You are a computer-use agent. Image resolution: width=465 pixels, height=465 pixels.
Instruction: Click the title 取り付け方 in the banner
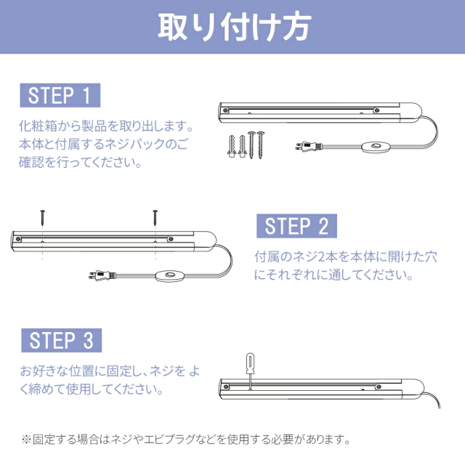click(234, 27)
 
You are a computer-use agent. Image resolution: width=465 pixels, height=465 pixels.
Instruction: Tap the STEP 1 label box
click(60, 95)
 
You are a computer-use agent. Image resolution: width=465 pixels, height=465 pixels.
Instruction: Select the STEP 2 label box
click(296, 226)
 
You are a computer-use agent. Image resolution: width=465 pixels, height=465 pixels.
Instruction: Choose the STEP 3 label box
click(61, 340)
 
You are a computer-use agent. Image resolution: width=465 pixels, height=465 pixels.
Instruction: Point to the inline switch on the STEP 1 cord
click(375, 147)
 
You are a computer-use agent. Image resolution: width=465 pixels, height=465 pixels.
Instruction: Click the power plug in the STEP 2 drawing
click(102, 275)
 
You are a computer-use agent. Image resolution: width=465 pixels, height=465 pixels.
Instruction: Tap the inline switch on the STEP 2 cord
click(169, 275)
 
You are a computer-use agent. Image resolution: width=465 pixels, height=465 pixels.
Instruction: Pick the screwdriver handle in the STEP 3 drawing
click(250, 363)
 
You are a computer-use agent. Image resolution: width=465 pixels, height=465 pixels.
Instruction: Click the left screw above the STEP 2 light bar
click(43, 218)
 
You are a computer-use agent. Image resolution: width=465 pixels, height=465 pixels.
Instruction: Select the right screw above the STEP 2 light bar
click(155, 218)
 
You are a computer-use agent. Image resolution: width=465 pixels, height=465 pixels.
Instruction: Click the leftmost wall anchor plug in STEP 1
click(232, 146)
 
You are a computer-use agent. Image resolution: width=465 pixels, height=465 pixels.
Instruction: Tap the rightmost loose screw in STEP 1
click(260, 145)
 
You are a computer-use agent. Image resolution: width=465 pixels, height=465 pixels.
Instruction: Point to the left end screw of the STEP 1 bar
click(225, 110)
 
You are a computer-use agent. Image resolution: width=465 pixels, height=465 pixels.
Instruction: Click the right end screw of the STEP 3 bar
click(379, 387)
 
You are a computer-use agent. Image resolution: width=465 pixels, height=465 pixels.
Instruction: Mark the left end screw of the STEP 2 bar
click(18, 239)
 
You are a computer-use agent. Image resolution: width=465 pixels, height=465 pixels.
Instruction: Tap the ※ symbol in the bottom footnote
click(26, 439)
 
